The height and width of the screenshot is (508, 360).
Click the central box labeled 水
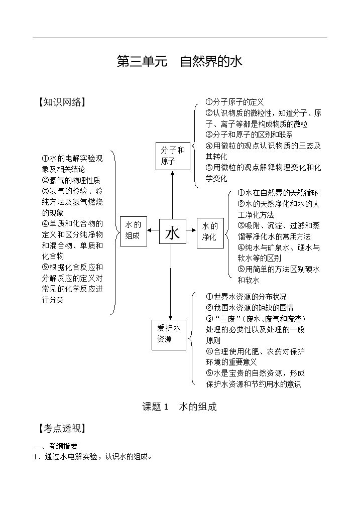coord(172,231)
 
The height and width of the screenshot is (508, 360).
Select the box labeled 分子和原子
coord(173,156)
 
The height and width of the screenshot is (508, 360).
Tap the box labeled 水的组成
coord(134,231)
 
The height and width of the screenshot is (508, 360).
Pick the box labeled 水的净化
coord(210,233)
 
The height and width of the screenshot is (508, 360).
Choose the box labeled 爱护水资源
coord(169,335)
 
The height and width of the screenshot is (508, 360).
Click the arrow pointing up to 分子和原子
coord(172,195)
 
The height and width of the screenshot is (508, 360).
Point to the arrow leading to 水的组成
coord(153,230)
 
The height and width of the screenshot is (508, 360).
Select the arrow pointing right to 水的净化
coord(191,230)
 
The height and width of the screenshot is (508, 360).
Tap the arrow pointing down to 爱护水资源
coord(170,282)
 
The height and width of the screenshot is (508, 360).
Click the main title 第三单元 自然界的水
coord(180,62)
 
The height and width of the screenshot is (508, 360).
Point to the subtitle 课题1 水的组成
coord(180,407)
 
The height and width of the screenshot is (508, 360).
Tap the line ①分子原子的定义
coord(234,102)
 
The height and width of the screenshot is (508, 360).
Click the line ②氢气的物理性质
coord(71,180)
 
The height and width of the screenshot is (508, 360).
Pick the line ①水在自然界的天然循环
coord(278,193)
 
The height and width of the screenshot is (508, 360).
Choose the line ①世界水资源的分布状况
coord(246,297)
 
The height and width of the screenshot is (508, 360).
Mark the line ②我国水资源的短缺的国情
coord(250,308)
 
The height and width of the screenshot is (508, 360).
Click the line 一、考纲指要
coord(56,446)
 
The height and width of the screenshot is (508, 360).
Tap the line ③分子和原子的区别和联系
coord(249,135)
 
